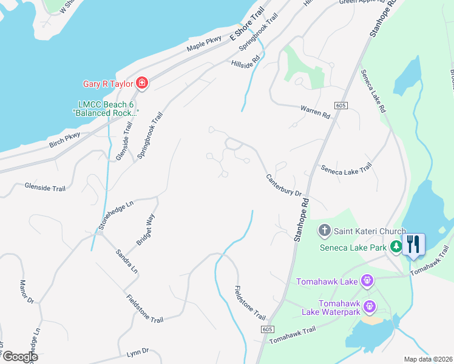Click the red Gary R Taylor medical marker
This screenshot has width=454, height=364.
(141, 83)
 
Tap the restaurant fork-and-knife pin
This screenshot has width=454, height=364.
(414, 244)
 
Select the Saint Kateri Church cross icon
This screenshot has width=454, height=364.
(324, 231)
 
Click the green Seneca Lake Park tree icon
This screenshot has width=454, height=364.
(396, 246)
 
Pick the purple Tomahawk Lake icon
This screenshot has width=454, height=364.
(367, 281)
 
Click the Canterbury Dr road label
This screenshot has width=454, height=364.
(284, 185)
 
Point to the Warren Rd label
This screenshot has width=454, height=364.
(315, 111)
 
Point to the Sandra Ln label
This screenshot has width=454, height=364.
(127, 261)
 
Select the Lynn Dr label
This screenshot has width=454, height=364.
(138, 352)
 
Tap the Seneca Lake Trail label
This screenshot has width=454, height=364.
(346, 168)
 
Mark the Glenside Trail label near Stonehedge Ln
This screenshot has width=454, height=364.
(45, 189)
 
